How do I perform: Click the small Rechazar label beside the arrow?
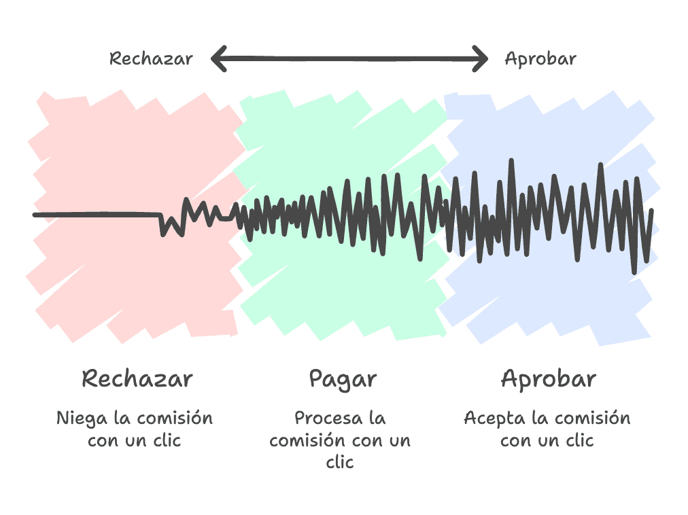(151, 58)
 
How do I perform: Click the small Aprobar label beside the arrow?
(540, 58)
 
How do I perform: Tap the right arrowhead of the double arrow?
(483, 58)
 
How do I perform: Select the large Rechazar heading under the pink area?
(137, 378)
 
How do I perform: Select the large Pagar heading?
(343, 379)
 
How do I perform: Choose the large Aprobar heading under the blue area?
(548, 378)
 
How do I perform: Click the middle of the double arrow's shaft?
(349, 58)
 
